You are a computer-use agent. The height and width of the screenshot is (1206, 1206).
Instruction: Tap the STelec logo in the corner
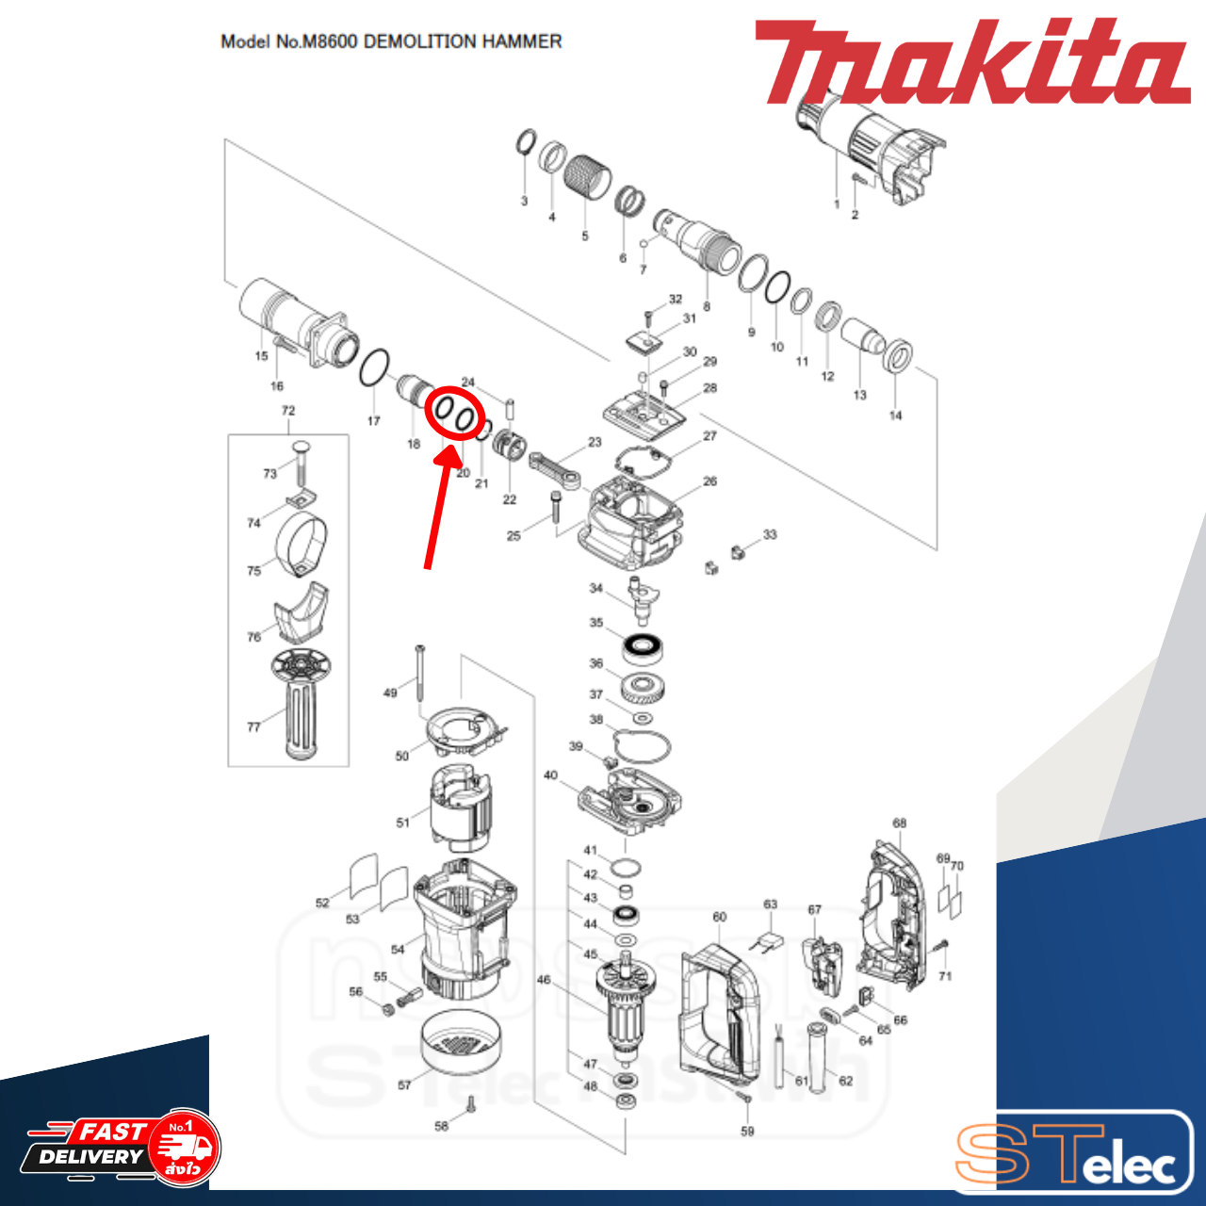pyautogui.click(x=1074, y=1153)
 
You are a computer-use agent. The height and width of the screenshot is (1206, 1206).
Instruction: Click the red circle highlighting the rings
pyautogui.click(x=454, y=415)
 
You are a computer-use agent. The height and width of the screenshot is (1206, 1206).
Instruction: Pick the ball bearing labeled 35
pyautogui.click(x=644, y=647)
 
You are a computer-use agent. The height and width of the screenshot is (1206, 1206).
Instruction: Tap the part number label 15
pyautogui.click(x=261, y=356)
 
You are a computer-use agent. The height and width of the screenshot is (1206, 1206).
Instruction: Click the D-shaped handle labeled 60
pyautogui.click(x=720, y=1013)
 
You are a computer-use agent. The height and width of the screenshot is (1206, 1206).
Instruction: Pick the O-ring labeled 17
pyautogui.click(x=374, y=368)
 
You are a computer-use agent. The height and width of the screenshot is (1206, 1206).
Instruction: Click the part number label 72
pyautogui.click(x=288, y=411)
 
